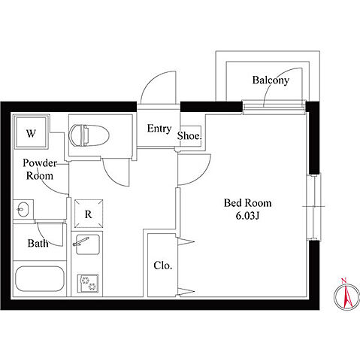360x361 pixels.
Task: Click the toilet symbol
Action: (x=89, y=135)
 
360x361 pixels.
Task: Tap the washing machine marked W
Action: (x=31, y=132)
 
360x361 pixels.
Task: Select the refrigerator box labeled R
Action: (x=89, y=214)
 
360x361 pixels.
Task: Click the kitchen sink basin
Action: (x=87, y=244)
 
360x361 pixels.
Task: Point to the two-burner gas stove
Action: (x=88, y=284)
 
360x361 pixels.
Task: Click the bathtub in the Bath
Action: (x=40, y=279)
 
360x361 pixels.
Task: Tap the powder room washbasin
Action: (x=23, y=209)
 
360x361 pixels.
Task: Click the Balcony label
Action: (x=271, y=80)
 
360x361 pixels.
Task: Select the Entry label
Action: (x=159, y=129)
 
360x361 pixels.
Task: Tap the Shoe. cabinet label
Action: (x=189, y=136)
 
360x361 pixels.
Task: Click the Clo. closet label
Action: (x=163, y=265)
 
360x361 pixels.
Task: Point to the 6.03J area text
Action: (x=247, y=216)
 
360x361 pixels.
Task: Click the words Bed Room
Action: (x=247, y=203)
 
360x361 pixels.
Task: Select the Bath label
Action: (x=38, y=243)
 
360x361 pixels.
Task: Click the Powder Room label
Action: (x=40, y=169)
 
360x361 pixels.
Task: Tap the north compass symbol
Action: (x=346, y=296)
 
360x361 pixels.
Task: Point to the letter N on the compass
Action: (x=344, y=281)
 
